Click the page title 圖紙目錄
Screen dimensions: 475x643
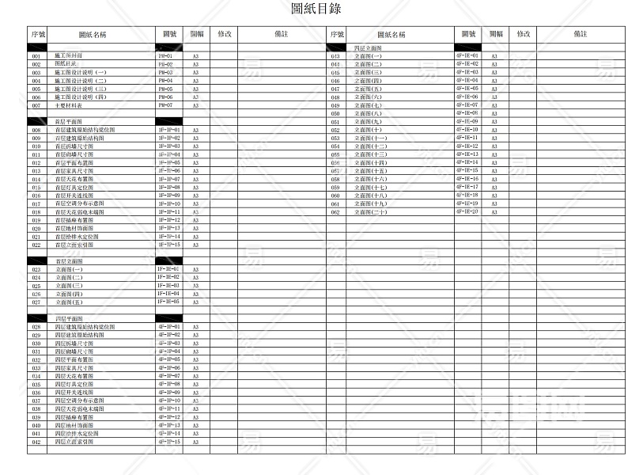coord(316,9)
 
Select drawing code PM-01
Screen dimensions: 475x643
coord(166,57)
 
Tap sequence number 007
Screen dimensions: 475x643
coord(36,106)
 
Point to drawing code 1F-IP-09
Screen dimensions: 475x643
coord(169,196)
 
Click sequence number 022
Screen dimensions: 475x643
coord(36,245)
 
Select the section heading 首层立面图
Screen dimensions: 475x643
coord(69,261)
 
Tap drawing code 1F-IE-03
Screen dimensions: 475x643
coord(169,286)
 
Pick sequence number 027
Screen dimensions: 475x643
coord(36,302)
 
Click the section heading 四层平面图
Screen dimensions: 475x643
coord(69,318)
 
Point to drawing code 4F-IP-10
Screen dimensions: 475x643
coord(169,401)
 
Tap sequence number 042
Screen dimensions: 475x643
coord(36,443)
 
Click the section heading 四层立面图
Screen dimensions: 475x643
coord(368,49)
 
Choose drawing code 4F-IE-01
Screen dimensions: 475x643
coord(467,56)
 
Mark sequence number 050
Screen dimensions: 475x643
coord(335,114)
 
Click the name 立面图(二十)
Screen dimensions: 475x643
coord(372,213)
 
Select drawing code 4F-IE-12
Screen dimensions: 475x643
coord(467,146)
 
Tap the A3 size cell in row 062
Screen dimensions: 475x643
coord(495,213)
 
